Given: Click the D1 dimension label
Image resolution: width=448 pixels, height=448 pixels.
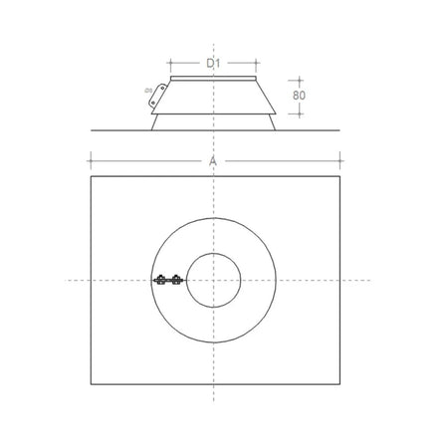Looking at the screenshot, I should (x=213, y=63).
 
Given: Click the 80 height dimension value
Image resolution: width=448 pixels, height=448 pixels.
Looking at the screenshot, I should (x=299, y=95).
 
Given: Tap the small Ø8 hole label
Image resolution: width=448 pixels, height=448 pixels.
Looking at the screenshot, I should (x=148, y=92).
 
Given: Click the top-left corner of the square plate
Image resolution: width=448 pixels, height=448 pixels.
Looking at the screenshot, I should (x=90, y=176).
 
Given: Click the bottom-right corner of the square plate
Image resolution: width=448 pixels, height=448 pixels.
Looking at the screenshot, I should (x=340, y=384).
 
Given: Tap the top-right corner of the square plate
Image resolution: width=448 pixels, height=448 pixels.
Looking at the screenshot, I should (x=340, y=176).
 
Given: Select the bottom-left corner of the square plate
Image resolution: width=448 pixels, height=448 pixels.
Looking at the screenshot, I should (x=90, y=384).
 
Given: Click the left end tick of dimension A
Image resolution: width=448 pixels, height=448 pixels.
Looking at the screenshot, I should (x=90, y=158).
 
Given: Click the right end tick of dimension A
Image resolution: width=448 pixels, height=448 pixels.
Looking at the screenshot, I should (x=340, y=158).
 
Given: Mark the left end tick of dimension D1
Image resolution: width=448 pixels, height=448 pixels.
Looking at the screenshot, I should (x=171, y=62).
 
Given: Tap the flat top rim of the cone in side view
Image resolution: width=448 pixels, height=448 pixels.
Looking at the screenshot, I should (x=213, y=78).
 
